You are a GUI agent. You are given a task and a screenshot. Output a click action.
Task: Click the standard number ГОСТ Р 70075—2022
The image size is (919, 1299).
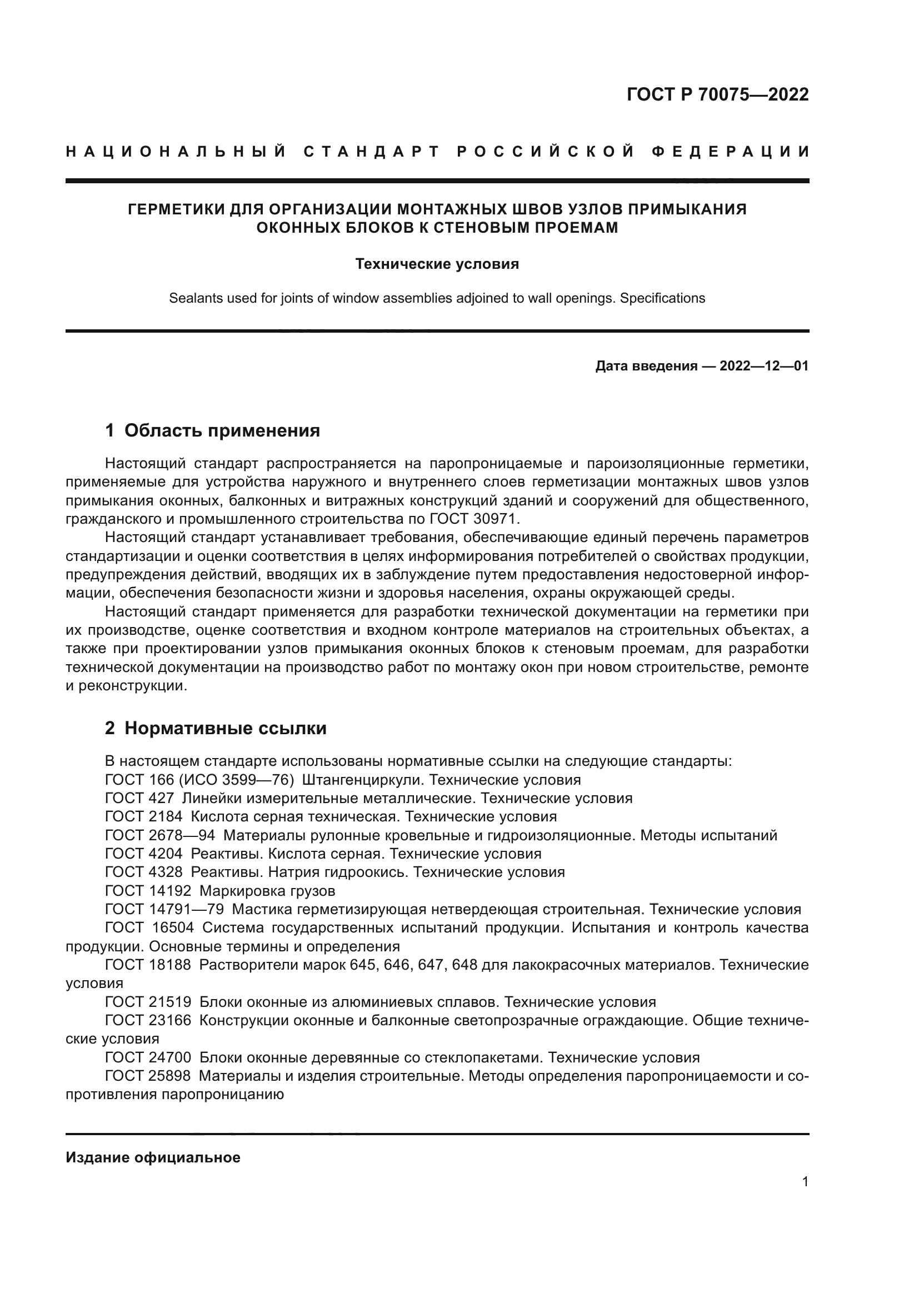(x=717, y=94)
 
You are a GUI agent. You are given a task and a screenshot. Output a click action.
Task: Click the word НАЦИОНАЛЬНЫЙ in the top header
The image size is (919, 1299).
(x=176, y=152)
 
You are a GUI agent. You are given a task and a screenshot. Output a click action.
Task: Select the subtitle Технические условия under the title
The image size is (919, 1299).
(x=437, y=264)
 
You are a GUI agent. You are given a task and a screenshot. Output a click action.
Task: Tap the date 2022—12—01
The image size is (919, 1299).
(x=763, y=366)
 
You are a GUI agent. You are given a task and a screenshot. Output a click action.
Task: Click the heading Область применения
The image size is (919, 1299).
(x=222, y=430)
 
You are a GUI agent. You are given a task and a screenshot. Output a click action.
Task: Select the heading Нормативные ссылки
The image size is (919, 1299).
(x=225, y=728)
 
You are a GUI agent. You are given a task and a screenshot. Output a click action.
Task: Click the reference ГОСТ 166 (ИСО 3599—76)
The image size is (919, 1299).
(x=199, y=780)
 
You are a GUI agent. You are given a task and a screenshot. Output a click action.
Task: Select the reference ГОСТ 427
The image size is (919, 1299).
(x=139, y=798)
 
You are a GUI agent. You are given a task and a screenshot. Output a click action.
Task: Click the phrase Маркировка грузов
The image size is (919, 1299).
(x=267, y=891)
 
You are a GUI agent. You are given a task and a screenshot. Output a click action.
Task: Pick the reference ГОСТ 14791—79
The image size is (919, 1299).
(x=164, y=910)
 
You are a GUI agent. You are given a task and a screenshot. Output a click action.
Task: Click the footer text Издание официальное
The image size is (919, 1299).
(x=153, y=1157)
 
